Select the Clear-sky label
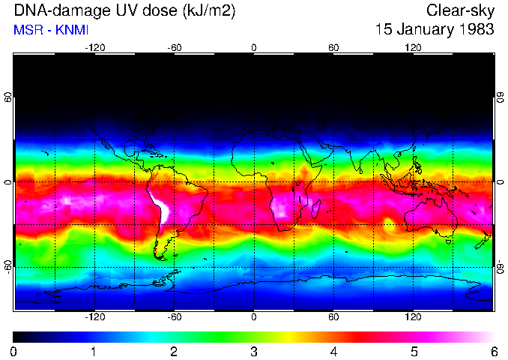(x=460, y=10)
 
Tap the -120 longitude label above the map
(x=94, y=48)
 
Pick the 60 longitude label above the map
(x=333, y=48)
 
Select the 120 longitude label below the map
(x=413, y=317)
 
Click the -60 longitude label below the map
(x=175, y=317)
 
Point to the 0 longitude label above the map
(x=254, y=48)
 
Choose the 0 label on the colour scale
(x=14, y=351)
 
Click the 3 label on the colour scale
(x=254, y=351)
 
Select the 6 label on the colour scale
(x=493, y=351)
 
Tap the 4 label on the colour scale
(x=333, y=351)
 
